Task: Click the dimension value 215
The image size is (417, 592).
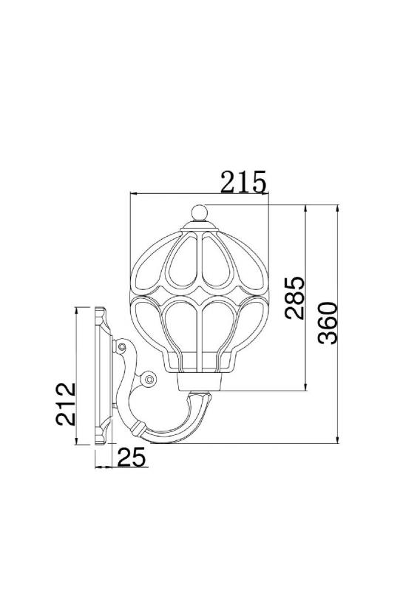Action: pos(243,181)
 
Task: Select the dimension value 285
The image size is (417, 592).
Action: pos(295,298)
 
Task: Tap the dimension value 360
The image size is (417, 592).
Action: pos(328,323)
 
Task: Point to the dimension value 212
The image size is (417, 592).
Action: pos(66,404)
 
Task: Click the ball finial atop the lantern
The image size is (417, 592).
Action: pos(199,212)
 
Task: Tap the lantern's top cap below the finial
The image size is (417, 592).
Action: pos(199,227)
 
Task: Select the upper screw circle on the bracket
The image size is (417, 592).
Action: pos(121,346)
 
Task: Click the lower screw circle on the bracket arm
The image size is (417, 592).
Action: pos(149,379)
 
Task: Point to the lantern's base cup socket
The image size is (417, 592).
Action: pos(199,381)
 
